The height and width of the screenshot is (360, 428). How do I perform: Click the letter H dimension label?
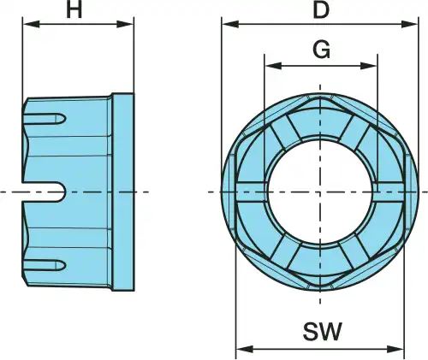74,10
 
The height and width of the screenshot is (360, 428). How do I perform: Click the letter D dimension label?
321,10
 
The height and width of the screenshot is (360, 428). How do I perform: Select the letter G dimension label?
322,50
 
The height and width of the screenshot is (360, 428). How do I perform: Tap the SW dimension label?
322,331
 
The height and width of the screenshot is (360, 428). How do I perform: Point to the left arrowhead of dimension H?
31,24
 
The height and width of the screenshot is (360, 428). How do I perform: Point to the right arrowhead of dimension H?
125,24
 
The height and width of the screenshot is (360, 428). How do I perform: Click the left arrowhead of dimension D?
230,24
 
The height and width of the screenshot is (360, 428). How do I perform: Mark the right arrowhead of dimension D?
409,24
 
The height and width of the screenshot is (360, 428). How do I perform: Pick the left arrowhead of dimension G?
273,66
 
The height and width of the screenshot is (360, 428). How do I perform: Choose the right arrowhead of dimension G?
369,66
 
